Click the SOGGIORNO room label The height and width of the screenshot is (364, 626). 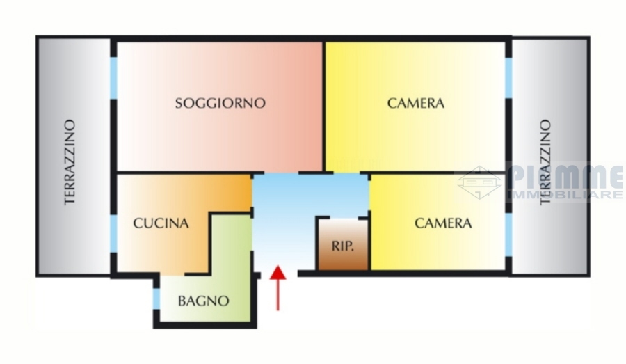tap(220, 103)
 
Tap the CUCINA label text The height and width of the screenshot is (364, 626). tap(161, 223)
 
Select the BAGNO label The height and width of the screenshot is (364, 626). tap(203, 301)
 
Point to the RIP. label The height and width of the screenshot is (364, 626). tap(343, 246)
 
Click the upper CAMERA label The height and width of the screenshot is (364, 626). tap(416, 103)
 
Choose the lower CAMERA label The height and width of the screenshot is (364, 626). tap(443, 223)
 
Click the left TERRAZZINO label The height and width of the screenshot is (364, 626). tap(70, 162)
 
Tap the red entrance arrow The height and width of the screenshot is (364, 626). tap(278, 287)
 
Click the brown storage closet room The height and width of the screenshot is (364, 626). tap(343, 244)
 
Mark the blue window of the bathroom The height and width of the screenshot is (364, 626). tap(156, 299)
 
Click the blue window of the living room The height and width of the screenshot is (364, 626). tap(114, 78)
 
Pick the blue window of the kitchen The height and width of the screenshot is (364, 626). tap(114, 234)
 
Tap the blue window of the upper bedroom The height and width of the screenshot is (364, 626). tap(508, 78)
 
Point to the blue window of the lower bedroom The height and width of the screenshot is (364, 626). tap(508, 236)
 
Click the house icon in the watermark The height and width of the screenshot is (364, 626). tap(479, 182)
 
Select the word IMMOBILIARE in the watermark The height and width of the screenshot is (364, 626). tap(565, 195)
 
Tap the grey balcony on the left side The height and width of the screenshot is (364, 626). tap(73, 156)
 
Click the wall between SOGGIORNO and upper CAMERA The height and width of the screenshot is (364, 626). tap(323, 106)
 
